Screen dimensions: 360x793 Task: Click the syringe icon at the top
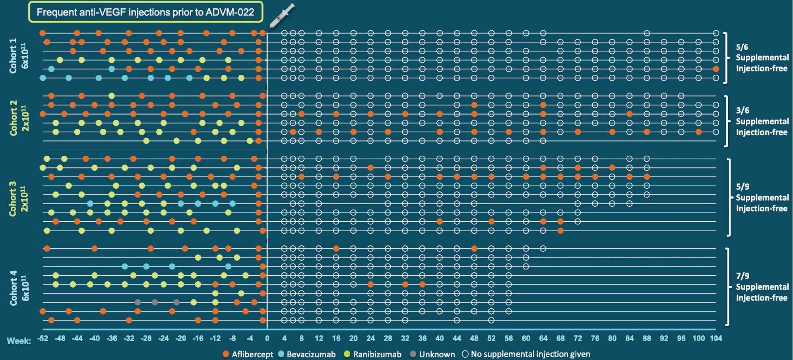click(282, 16)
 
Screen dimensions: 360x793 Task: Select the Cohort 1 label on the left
click(14, 56)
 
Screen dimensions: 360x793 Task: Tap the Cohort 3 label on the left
click(14, 199)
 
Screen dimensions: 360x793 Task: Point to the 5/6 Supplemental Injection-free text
click(762, 58)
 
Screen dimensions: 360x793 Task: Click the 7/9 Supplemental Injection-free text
click(762, 286)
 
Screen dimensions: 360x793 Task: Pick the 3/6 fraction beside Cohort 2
click(742, 110)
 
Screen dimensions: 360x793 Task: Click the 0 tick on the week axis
click(267, 339)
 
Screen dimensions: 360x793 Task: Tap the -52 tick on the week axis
click(43, 339)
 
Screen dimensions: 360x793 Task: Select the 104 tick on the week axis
click(716, 339)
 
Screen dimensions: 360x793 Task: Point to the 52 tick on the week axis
click(491, 339)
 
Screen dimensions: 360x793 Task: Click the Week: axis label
click(19, 341)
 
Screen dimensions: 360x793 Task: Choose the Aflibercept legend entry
click(248, 354)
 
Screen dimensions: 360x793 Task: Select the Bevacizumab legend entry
click(306, 354)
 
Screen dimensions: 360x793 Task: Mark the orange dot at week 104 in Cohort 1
click(716, 69)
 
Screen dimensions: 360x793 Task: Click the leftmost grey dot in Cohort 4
click(138, 302)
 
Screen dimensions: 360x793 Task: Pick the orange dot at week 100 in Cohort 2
click(699, 132)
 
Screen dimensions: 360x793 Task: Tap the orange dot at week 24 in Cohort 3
click(370, 168)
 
